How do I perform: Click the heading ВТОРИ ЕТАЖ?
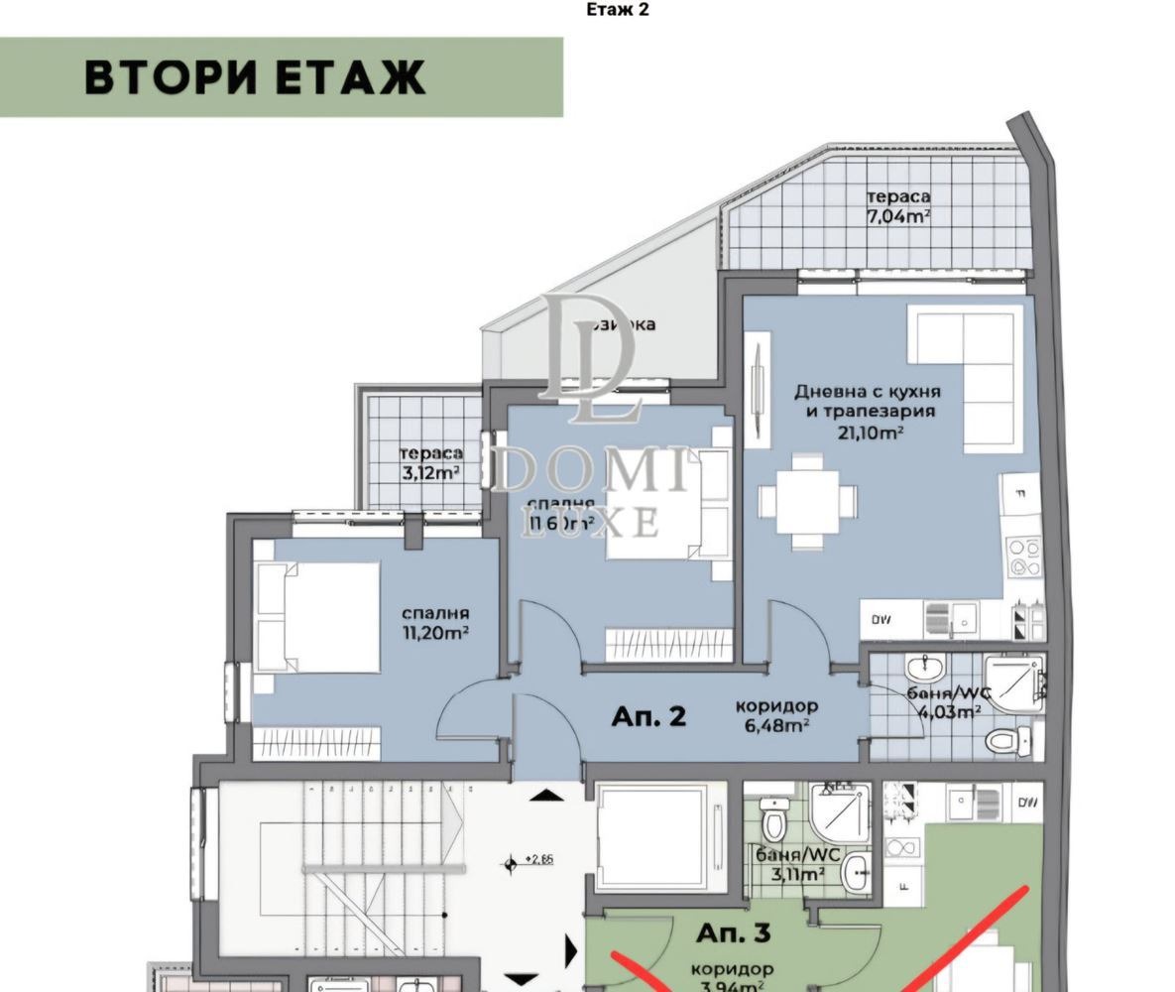[255, 77]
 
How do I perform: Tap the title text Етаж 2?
[618, 10]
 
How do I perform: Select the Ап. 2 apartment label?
[648, 716]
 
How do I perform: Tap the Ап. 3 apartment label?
[733, 932]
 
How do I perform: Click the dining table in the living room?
[808, 502]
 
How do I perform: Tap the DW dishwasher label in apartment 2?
[881, 620]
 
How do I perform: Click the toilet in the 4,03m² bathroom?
[1006, 740]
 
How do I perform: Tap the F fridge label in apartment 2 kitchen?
[1018, 490]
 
